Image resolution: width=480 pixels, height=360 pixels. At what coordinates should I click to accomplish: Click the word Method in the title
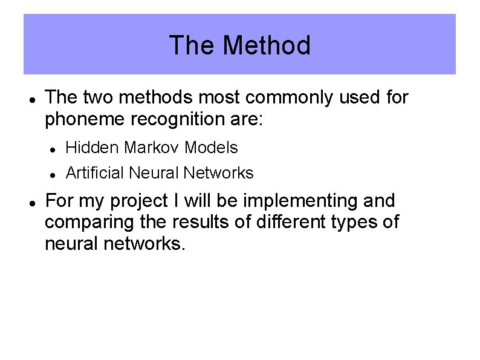[267, 45]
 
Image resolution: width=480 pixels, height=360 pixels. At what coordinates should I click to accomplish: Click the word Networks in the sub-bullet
[218, 173]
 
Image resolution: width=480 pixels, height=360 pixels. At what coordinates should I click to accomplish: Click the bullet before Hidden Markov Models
[53, 148]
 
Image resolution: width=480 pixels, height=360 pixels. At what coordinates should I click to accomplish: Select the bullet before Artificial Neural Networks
[53, 174]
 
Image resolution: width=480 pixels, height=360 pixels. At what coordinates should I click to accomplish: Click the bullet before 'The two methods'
[31, 98]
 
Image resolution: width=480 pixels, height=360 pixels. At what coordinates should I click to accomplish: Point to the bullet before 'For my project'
[31, 201]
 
